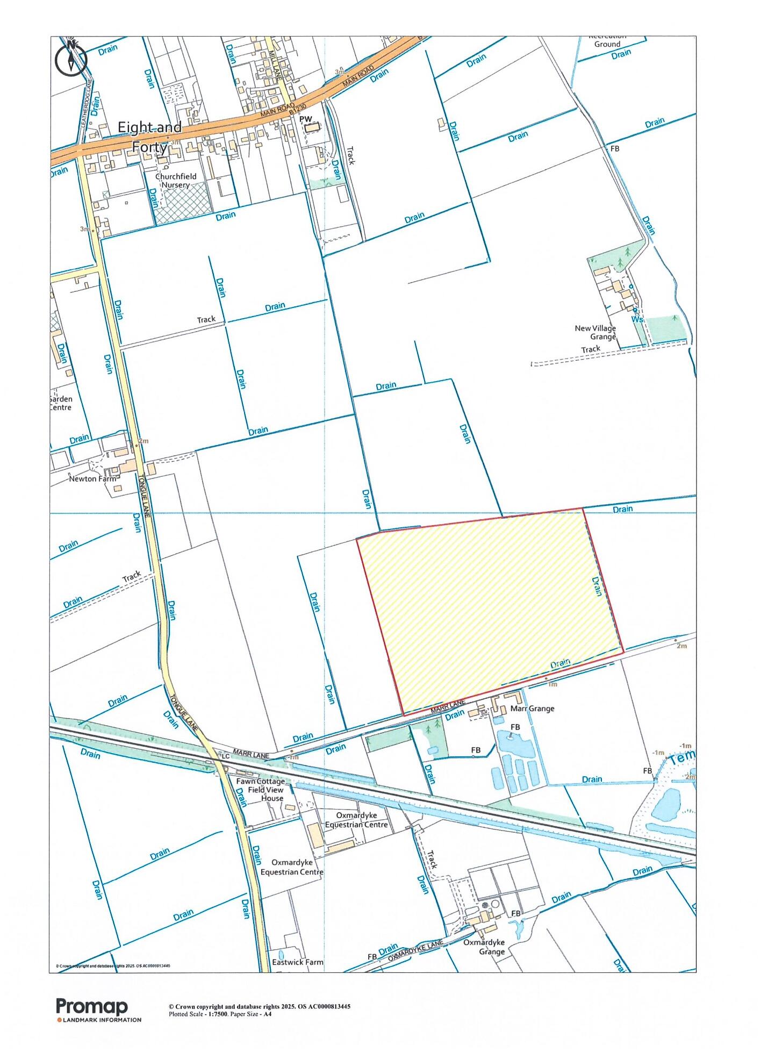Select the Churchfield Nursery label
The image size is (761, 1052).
tap(176, 181)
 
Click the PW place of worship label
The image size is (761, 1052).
tap(305, 118)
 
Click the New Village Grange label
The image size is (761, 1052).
tap(595, 332)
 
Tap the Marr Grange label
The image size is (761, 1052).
tap(533, 709)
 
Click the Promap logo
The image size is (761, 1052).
tap(92, 1006)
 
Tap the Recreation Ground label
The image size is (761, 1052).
tap(607, 41)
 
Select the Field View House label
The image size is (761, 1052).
tap(265, 794)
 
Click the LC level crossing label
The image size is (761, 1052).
tap(225, 756)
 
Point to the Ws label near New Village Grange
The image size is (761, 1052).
tap(637, 319)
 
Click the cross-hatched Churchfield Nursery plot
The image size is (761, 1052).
tap(180, 203)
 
